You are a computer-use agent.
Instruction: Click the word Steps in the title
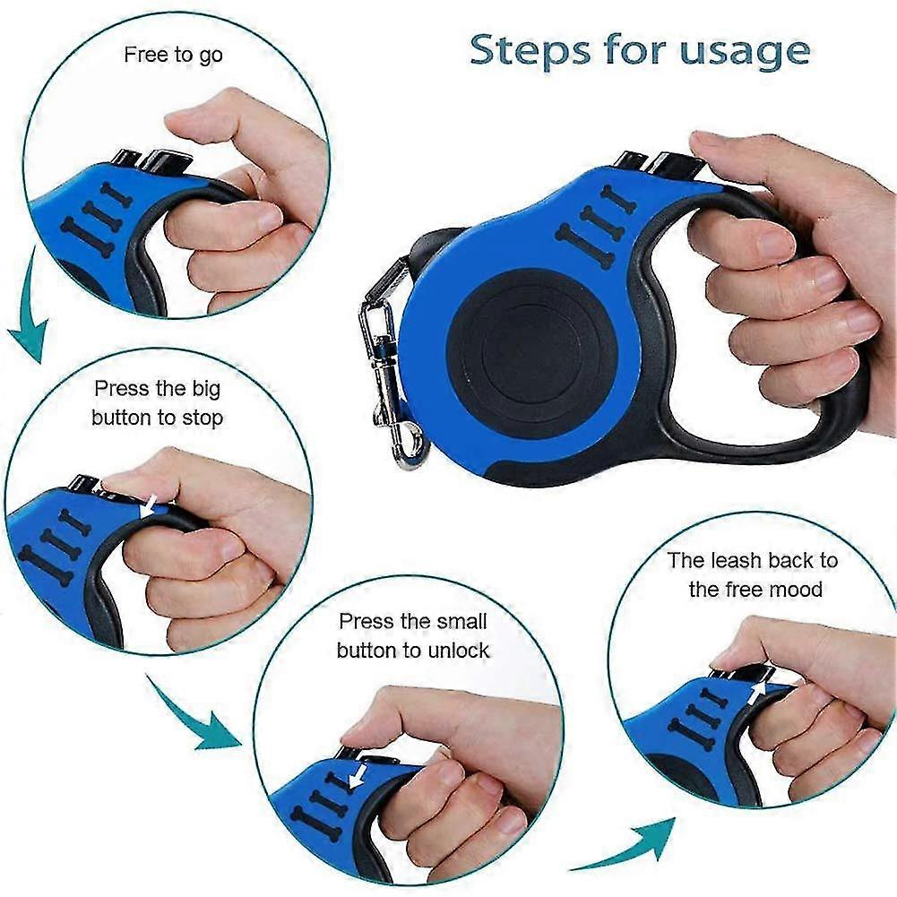click(x=530, y=50)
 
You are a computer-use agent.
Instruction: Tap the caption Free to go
click(x=173, y=55)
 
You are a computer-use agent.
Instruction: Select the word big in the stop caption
click(x=206, y=390)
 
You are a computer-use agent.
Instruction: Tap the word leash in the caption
click(x=737, y=560)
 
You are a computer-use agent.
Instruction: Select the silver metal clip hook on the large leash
click(x=389, y=377)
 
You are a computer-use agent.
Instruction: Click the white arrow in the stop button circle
click(x=150, y=505)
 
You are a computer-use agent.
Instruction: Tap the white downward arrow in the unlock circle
click(x=358, y=776)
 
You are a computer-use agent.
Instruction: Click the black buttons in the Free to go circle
click(x=151, y=161)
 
